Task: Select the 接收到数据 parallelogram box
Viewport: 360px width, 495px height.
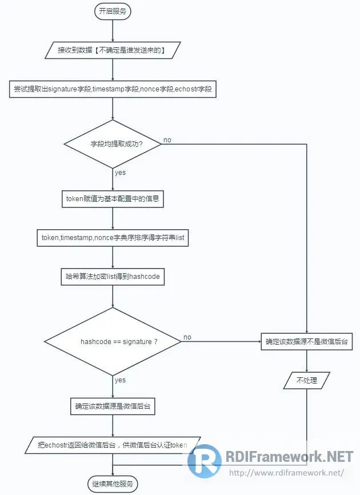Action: [112, 50]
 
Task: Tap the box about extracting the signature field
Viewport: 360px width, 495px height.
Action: [113, 89]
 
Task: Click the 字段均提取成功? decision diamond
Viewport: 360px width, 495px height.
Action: [113, 144]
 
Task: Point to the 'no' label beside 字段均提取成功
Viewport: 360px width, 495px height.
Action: [167, 140]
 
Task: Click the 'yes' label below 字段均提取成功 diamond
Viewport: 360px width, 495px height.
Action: [120, 172]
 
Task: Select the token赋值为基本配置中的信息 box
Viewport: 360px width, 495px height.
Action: [113, 199]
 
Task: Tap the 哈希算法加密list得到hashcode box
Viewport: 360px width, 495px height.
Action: [113, 277]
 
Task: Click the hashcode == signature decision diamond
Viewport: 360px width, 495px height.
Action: [113, 342]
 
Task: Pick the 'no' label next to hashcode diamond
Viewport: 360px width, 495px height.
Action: [187, 337]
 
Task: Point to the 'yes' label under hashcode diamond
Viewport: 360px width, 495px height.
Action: [120, 380]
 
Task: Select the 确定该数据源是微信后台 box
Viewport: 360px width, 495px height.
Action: [113, 407]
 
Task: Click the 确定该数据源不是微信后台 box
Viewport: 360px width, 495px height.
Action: [307, 342]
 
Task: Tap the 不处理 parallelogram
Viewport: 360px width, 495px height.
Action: [307, 380]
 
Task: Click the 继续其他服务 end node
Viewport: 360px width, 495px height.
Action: [113, 484]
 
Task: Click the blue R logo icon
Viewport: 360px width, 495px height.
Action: [205, 461]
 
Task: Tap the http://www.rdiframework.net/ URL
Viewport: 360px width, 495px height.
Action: [286, 473]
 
